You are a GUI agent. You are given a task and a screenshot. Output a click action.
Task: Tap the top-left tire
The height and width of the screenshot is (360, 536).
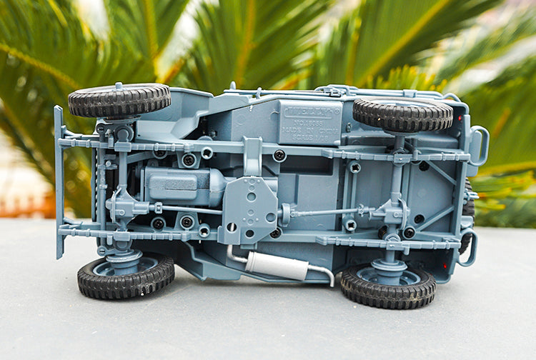pyautogui.click(x=119, y=100)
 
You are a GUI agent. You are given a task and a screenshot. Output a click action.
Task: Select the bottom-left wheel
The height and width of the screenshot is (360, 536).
pyautogui.click(x=126, y=276)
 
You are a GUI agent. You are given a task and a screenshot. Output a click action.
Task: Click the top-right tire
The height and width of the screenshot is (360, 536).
pyautogui.click(x=402, y=114)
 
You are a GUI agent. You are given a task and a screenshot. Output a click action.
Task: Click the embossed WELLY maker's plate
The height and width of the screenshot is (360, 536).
pyautogui.click(x=309, y=112)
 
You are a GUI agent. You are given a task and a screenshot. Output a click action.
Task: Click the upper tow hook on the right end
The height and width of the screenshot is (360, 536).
pyautogui.click(x=479, y=146)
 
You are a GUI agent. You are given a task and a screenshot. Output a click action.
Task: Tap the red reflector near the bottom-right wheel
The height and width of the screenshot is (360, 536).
pyautogui.click(x=445, y=266)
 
